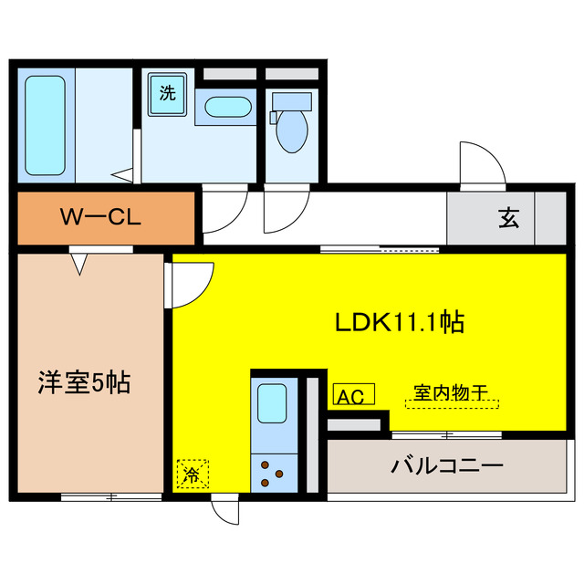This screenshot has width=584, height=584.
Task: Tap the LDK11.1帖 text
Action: point(400,322)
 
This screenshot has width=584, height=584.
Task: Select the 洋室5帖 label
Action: point(84,382)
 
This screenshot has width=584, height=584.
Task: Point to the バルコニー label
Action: point(447,466)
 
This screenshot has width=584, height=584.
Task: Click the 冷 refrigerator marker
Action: point(192,474)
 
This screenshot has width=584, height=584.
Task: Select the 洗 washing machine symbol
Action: point(167,93)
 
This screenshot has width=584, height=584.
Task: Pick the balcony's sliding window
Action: point(446,433)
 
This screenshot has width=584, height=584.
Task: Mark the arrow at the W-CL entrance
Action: point(81,264)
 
